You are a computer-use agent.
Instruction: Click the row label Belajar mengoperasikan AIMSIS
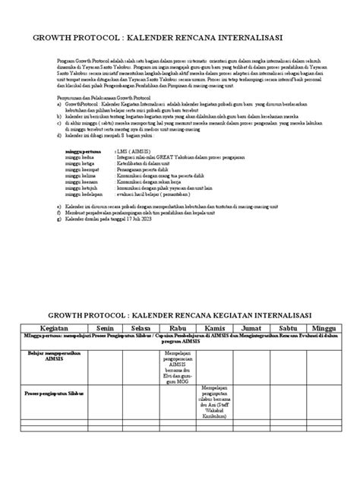47,357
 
